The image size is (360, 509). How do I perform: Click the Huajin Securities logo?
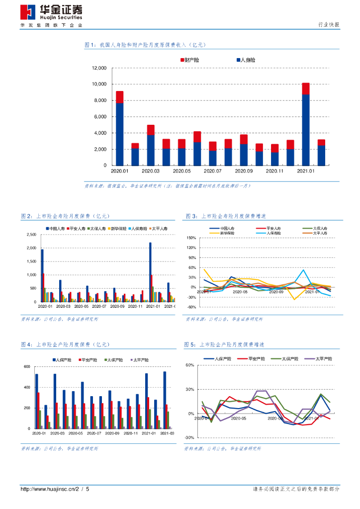[51, 13]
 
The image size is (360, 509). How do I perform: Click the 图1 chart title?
[145, 45]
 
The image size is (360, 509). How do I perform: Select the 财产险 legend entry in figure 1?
[190, 60]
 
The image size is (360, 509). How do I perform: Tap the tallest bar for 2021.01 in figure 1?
[306, 124]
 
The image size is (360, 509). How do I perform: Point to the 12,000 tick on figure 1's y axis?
[99, 68]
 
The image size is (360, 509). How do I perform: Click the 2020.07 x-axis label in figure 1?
[212, 171]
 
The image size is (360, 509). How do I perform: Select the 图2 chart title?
[65, 217]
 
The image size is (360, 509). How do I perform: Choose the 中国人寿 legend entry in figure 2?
[56, 228]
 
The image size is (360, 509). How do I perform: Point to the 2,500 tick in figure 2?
[31, 234]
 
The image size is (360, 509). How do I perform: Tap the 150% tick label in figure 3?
[191, 238]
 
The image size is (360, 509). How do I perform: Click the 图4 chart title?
[65, 344]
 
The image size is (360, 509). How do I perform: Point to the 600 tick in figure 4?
[27, 367]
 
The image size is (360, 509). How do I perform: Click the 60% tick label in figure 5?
[189, 365]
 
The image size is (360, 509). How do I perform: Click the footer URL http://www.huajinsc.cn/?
[49, 490]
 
